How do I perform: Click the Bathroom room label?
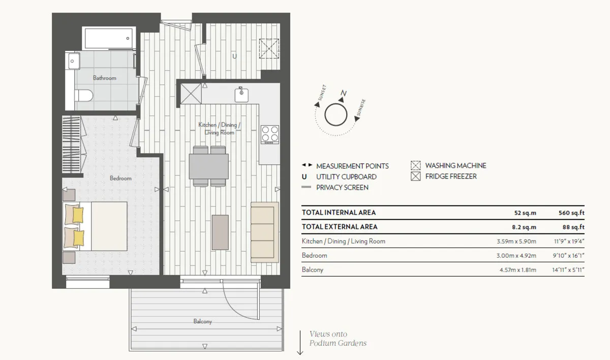tap(105, 78)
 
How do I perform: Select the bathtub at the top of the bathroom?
tap(109, 38)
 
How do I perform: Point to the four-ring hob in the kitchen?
tap(269, 135)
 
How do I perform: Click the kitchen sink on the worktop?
tap(241, 95)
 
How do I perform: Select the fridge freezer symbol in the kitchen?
tap(191, 94)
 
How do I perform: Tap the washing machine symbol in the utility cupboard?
tap(269, 48)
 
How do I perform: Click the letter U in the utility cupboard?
tap(234, 56)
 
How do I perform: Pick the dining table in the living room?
tap(209, 166)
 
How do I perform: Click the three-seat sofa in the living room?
tap(265, 232)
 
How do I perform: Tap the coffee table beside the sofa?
tap(220, 232)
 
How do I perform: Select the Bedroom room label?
tap(120, 178)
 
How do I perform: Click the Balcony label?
tap(203, 321)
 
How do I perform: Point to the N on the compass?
tap(344, 93)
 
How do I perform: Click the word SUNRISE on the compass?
tap(361, 107)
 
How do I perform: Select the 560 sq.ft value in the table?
tap(571, 213)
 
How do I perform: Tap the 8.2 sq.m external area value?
tap(524, 227)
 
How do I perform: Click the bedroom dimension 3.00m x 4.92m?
tap(516, 255)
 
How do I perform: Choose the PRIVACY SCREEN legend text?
tap(342, 187)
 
